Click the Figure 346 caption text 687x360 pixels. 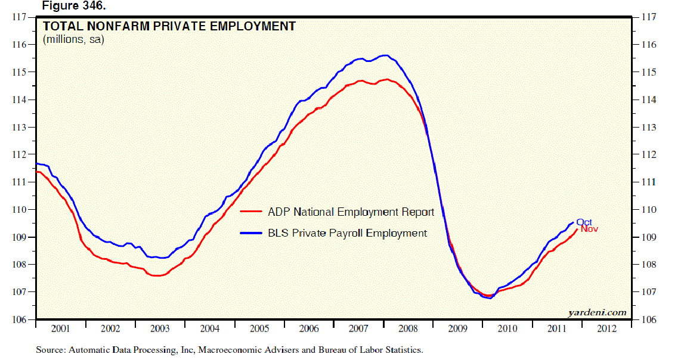[72, 5]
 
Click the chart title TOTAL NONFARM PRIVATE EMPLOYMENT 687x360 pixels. [168, 26]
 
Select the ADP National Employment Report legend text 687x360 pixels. [351, 212]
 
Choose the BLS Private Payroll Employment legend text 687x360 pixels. [347, 233]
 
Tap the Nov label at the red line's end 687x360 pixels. [589, 229]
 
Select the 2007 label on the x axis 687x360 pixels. [358, 328]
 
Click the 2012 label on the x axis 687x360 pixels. [606, 328]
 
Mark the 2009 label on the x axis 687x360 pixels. [457, 328]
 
